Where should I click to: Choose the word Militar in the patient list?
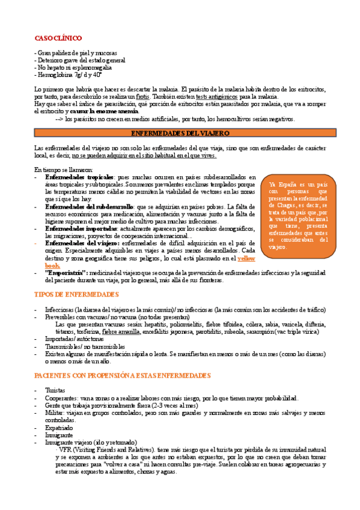pyautogui.click(x=55, y=413)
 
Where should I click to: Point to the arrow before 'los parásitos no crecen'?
pyautogui.click(x=58, y=118)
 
